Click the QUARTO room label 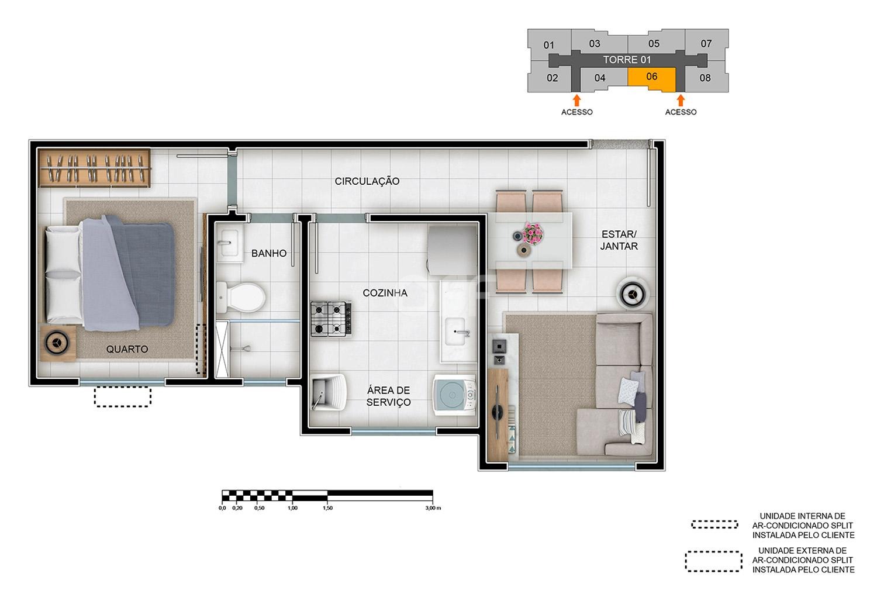(x=127, y=349)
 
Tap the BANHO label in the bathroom (x=269, y=253)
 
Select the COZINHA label (x=385, y=293)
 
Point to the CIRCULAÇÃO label (x=367, y=181)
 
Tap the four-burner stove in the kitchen (x=331, y=319)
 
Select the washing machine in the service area (x=454, y=395)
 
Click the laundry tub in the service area (x=329, y=392)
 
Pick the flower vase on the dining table (x=533, y=233)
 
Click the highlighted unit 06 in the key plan (x=652, y=79)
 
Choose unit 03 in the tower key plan (x=595, y=43)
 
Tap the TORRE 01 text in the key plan (x=627, y=60)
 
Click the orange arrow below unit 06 (x=681, y=100)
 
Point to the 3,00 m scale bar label (x=433, y=508)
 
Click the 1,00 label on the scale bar (x=292, y=508)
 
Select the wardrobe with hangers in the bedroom (x=95, y=168)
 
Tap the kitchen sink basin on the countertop (x=455, y=331)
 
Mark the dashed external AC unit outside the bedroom (x=123, y=396)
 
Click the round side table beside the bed (x=57, y=343)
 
